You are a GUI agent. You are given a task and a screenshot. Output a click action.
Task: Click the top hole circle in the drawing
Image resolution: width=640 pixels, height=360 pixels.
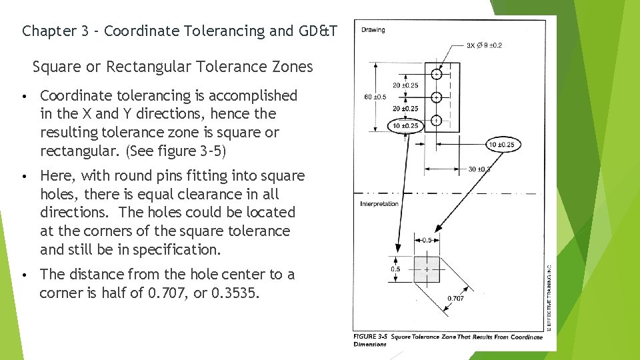(x=437, y=73)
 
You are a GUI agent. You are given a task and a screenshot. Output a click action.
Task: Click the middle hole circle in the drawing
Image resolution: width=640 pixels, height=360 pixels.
(x=437, y=97)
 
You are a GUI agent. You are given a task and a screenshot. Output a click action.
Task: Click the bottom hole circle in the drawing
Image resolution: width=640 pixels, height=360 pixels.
(x=437, y=121)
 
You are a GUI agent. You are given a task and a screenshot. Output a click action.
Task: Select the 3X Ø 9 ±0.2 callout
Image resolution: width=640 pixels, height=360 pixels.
(x=485, y=45)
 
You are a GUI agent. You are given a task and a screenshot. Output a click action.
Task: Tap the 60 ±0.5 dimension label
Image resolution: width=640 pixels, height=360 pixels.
(x=375, y=97)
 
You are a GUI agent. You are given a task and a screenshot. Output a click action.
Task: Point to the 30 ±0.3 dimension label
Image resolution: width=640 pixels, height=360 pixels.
(x=479, y=169)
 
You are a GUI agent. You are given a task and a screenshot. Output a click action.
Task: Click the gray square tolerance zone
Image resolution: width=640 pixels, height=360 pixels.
(x=427, y=268)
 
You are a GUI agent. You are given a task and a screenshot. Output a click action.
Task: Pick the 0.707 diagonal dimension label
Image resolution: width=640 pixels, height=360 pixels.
(x=455, y=298)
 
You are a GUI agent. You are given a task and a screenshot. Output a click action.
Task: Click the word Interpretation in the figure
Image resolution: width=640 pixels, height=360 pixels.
(x=379, y=204)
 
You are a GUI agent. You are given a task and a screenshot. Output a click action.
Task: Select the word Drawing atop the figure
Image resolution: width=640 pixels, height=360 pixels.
(x=373, y=30)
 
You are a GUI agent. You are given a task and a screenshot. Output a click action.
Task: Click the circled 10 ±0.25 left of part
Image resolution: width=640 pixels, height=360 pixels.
(x=405, y=125)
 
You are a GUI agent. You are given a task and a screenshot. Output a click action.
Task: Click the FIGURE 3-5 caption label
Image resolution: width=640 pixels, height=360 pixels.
(x=370, y=337)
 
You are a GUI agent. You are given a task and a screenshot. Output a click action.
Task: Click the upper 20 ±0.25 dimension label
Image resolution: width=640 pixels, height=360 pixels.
(x=405, y=85)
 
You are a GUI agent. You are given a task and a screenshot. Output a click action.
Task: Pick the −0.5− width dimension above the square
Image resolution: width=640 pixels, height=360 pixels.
(x=427, y=240)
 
